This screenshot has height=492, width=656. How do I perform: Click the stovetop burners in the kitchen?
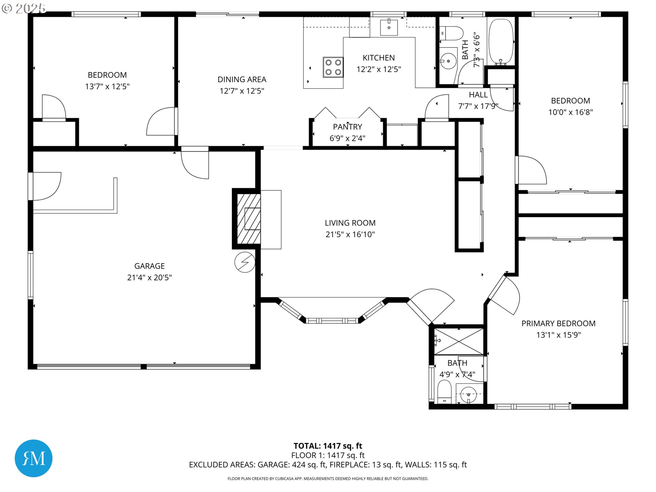pos(333,67)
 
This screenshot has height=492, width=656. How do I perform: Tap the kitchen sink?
pos(389,27)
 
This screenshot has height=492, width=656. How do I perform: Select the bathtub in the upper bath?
pos(501,42)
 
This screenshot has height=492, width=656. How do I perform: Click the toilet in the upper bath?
pos(451,33)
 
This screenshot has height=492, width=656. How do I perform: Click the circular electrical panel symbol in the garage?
pos(245,262)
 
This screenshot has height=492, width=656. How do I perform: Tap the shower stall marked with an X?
pos(459,342)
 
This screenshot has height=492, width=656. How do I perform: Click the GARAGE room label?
pos(149,266)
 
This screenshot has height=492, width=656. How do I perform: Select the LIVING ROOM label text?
pos(350,223)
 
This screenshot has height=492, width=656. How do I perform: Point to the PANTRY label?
pos(347,127)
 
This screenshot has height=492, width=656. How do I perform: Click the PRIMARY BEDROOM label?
pos(558,323)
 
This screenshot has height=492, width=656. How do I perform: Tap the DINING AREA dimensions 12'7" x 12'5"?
pos(242,91)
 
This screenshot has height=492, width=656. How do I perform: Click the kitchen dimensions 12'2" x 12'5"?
pos(379,69)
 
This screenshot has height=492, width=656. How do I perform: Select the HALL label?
pos(478,95)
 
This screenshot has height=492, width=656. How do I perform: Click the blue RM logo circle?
pos(33,458)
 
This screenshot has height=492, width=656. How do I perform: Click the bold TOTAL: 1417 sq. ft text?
pos(328,446)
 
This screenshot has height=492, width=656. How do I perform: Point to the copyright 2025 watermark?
pos(24,8)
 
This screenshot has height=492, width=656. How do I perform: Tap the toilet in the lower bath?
pos(445,392)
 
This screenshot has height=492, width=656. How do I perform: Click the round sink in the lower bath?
pos(469,395)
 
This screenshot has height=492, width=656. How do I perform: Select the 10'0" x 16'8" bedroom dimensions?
pos(570,112)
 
